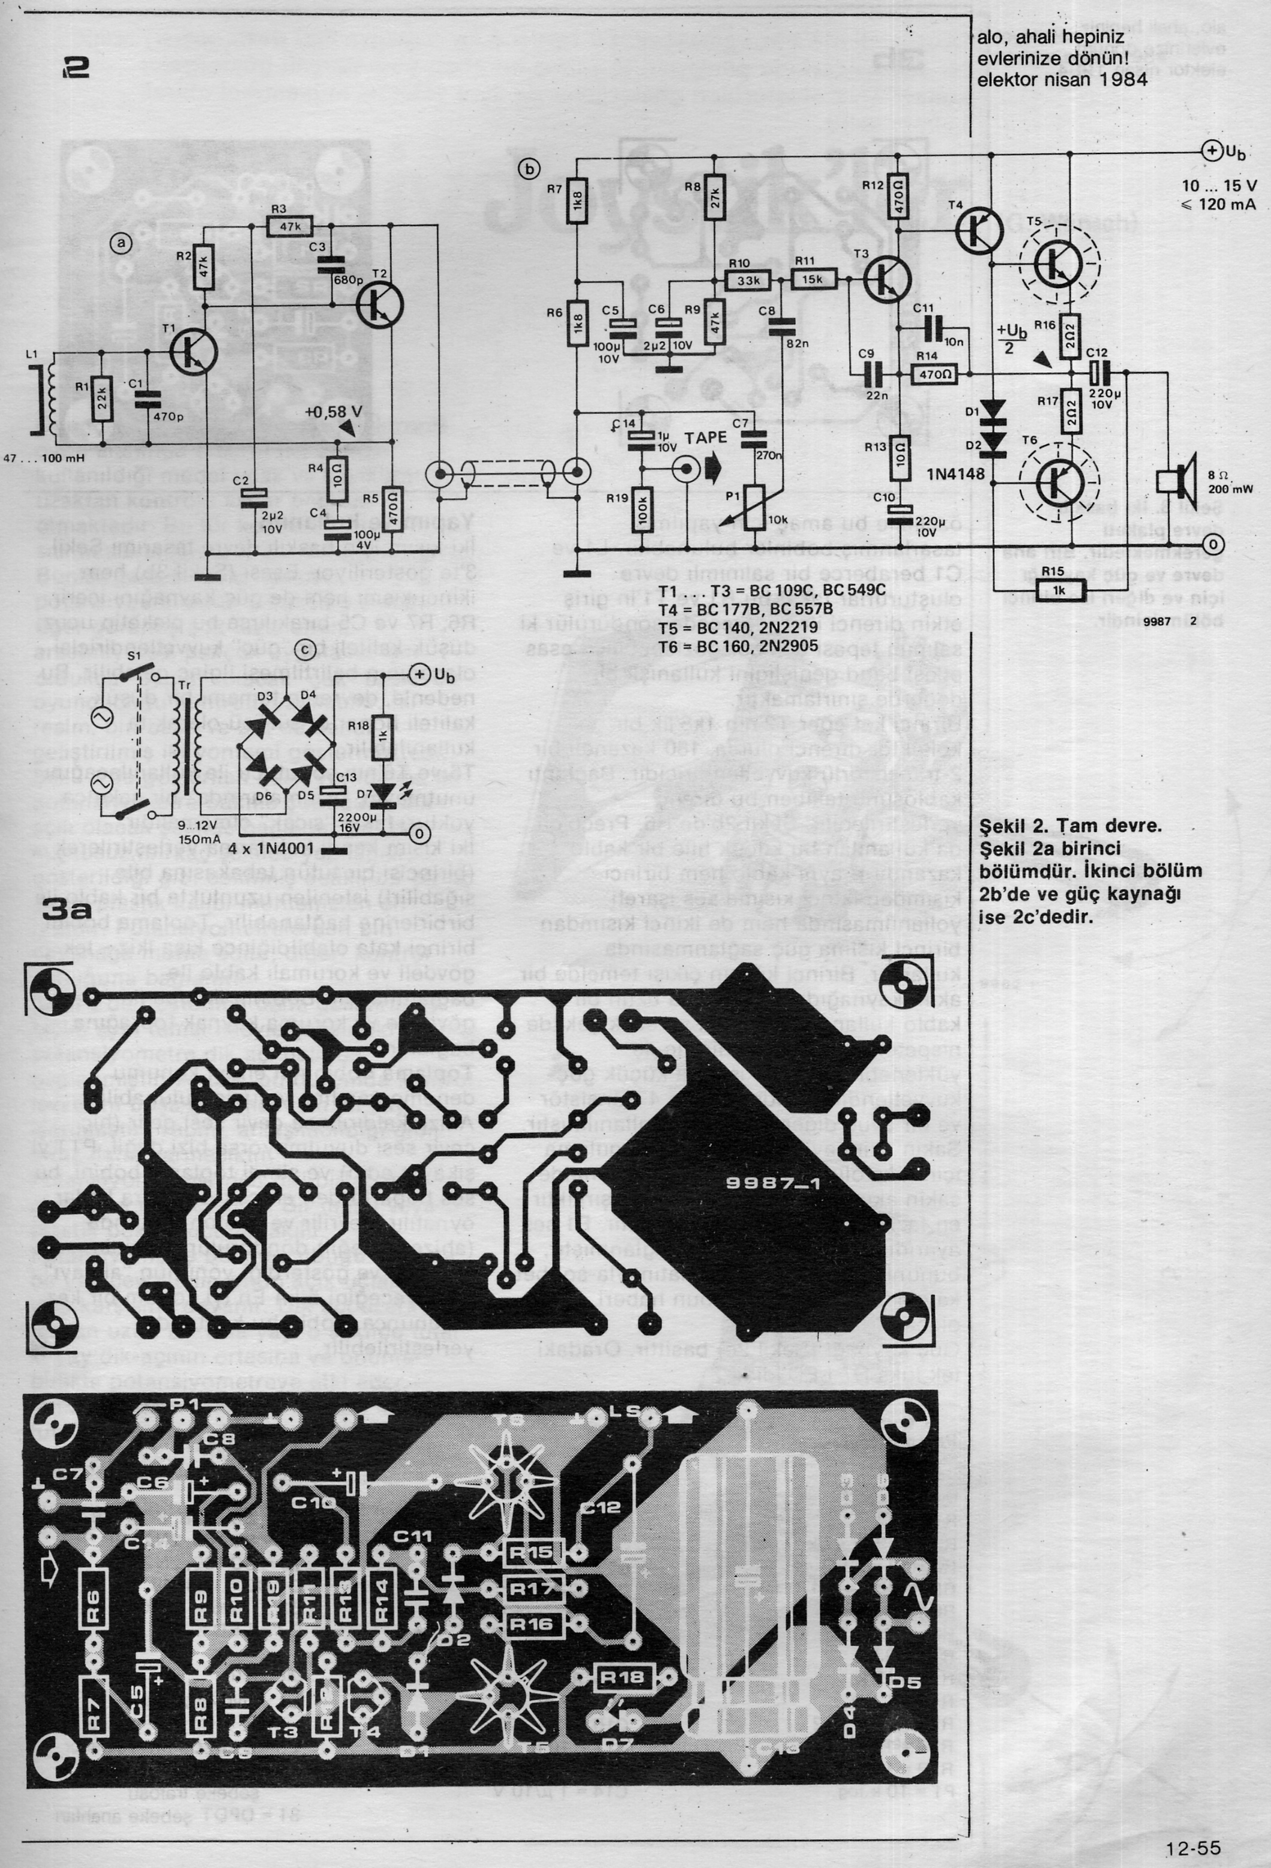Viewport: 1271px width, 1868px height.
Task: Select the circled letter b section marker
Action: (529, 169)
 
